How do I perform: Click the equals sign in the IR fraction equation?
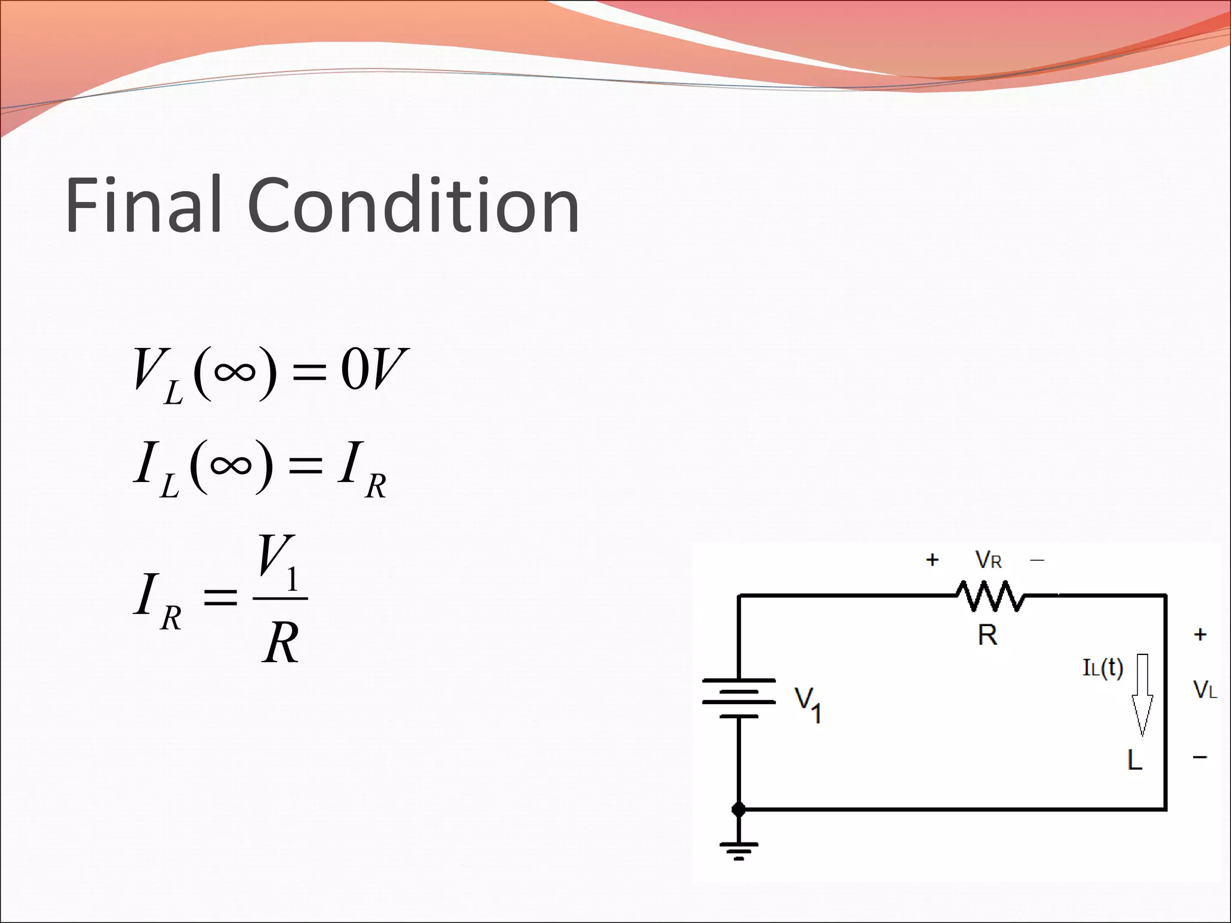tap(220, 598)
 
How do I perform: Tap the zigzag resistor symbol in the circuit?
tap(991, 596)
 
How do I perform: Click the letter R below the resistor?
tap(987, 635)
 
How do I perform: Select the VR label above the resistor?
tap(988, 560)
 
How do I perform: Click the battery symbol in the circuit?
tap(739, 698)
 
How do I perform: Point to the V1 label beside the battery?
tap(808, 704)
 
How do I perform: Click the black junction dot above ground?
tap(739, 810)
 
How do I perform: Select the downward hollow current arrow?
tap(1142, 695)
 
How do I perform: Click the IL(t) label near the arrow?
tap(1103, 668)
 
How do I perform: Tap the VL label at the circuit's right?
tap(1205, 690)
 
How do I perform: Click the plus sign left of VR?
tap(932, 560)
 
